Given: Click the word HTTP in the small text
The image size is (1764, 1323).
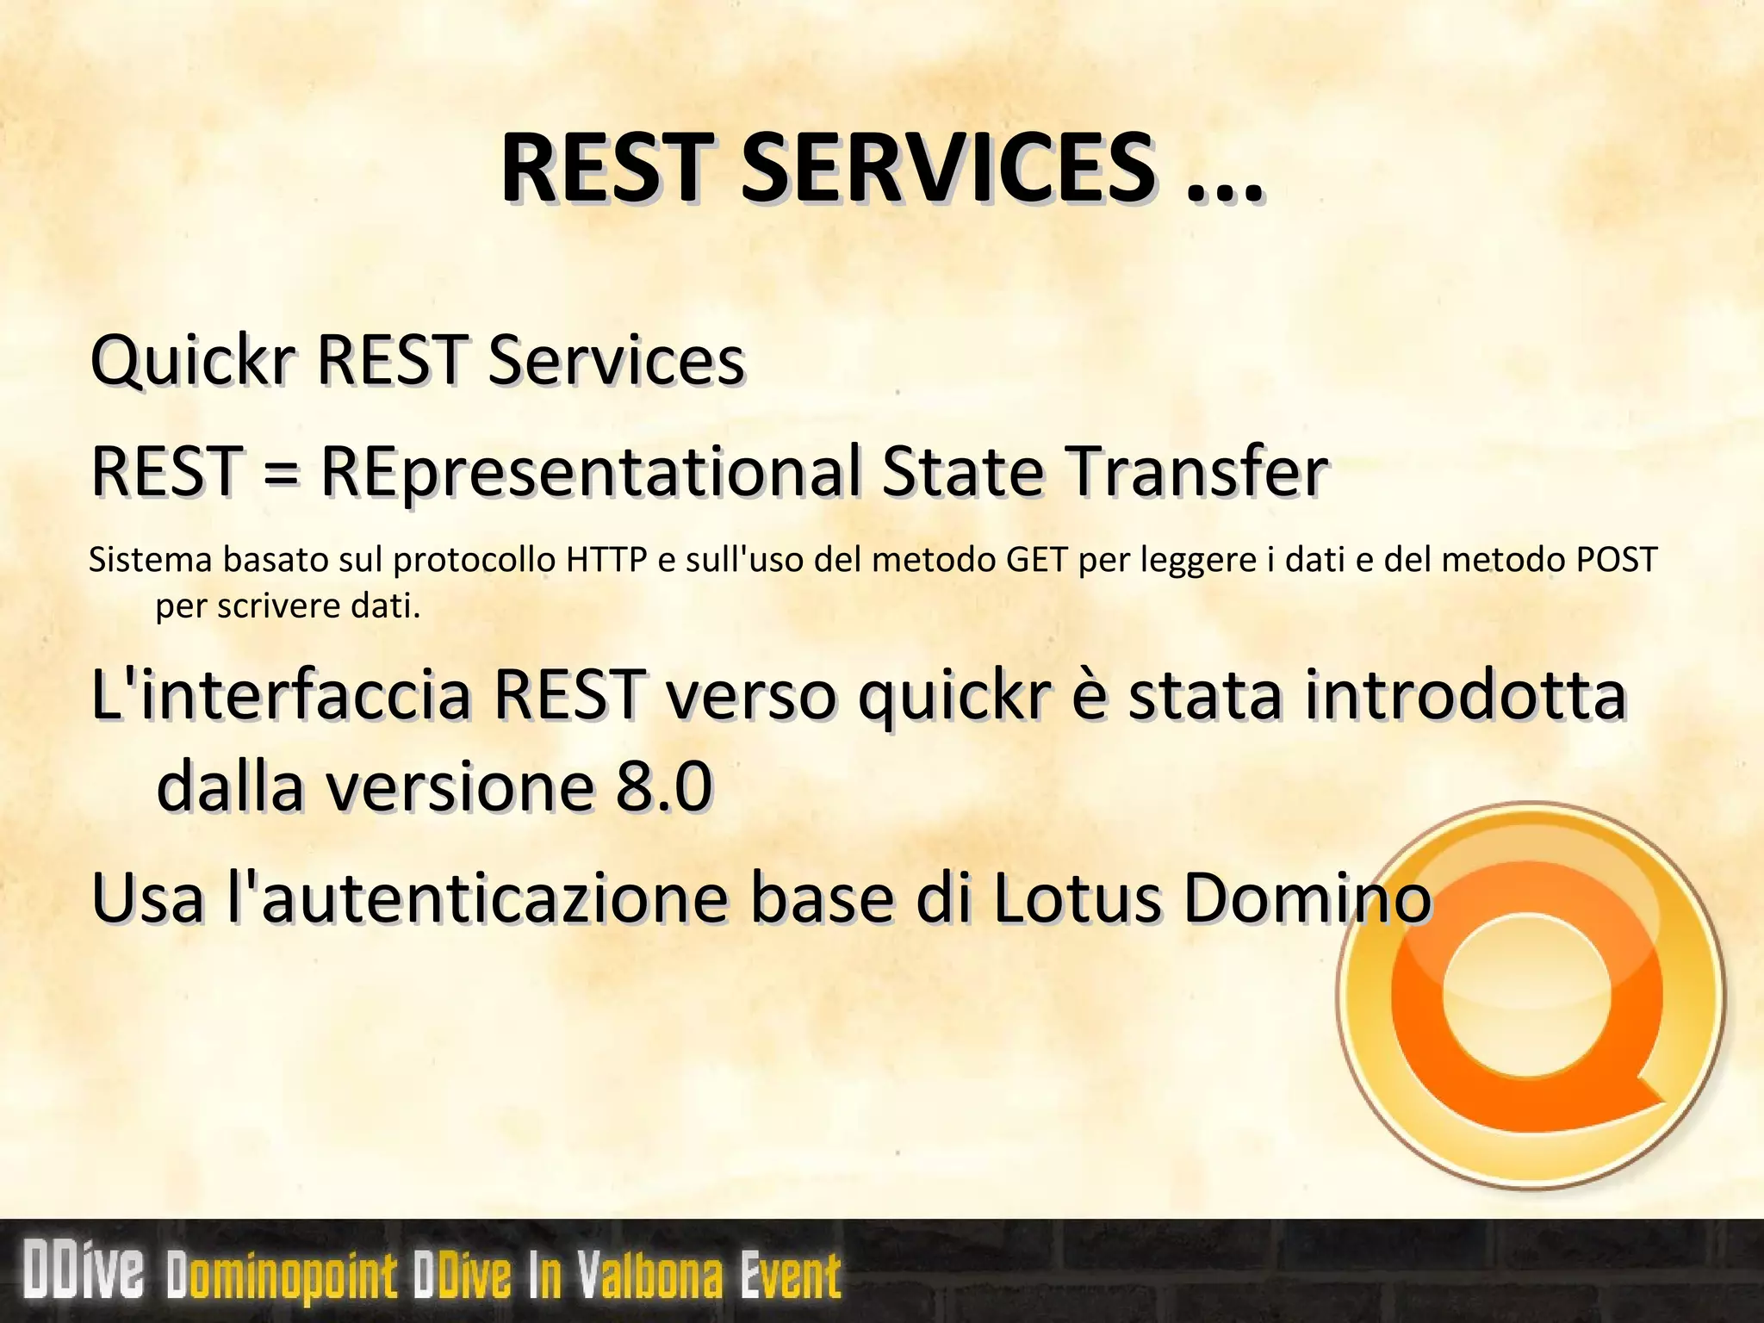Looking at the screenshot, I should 606,561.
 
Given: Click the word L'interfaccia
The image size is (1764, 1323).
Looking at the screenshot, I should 280,694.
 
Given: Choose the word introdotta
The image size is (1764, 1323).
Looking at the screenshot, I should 1464,694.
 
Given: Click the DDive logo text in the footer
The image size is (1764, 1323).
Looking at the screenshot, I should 84,1270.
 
